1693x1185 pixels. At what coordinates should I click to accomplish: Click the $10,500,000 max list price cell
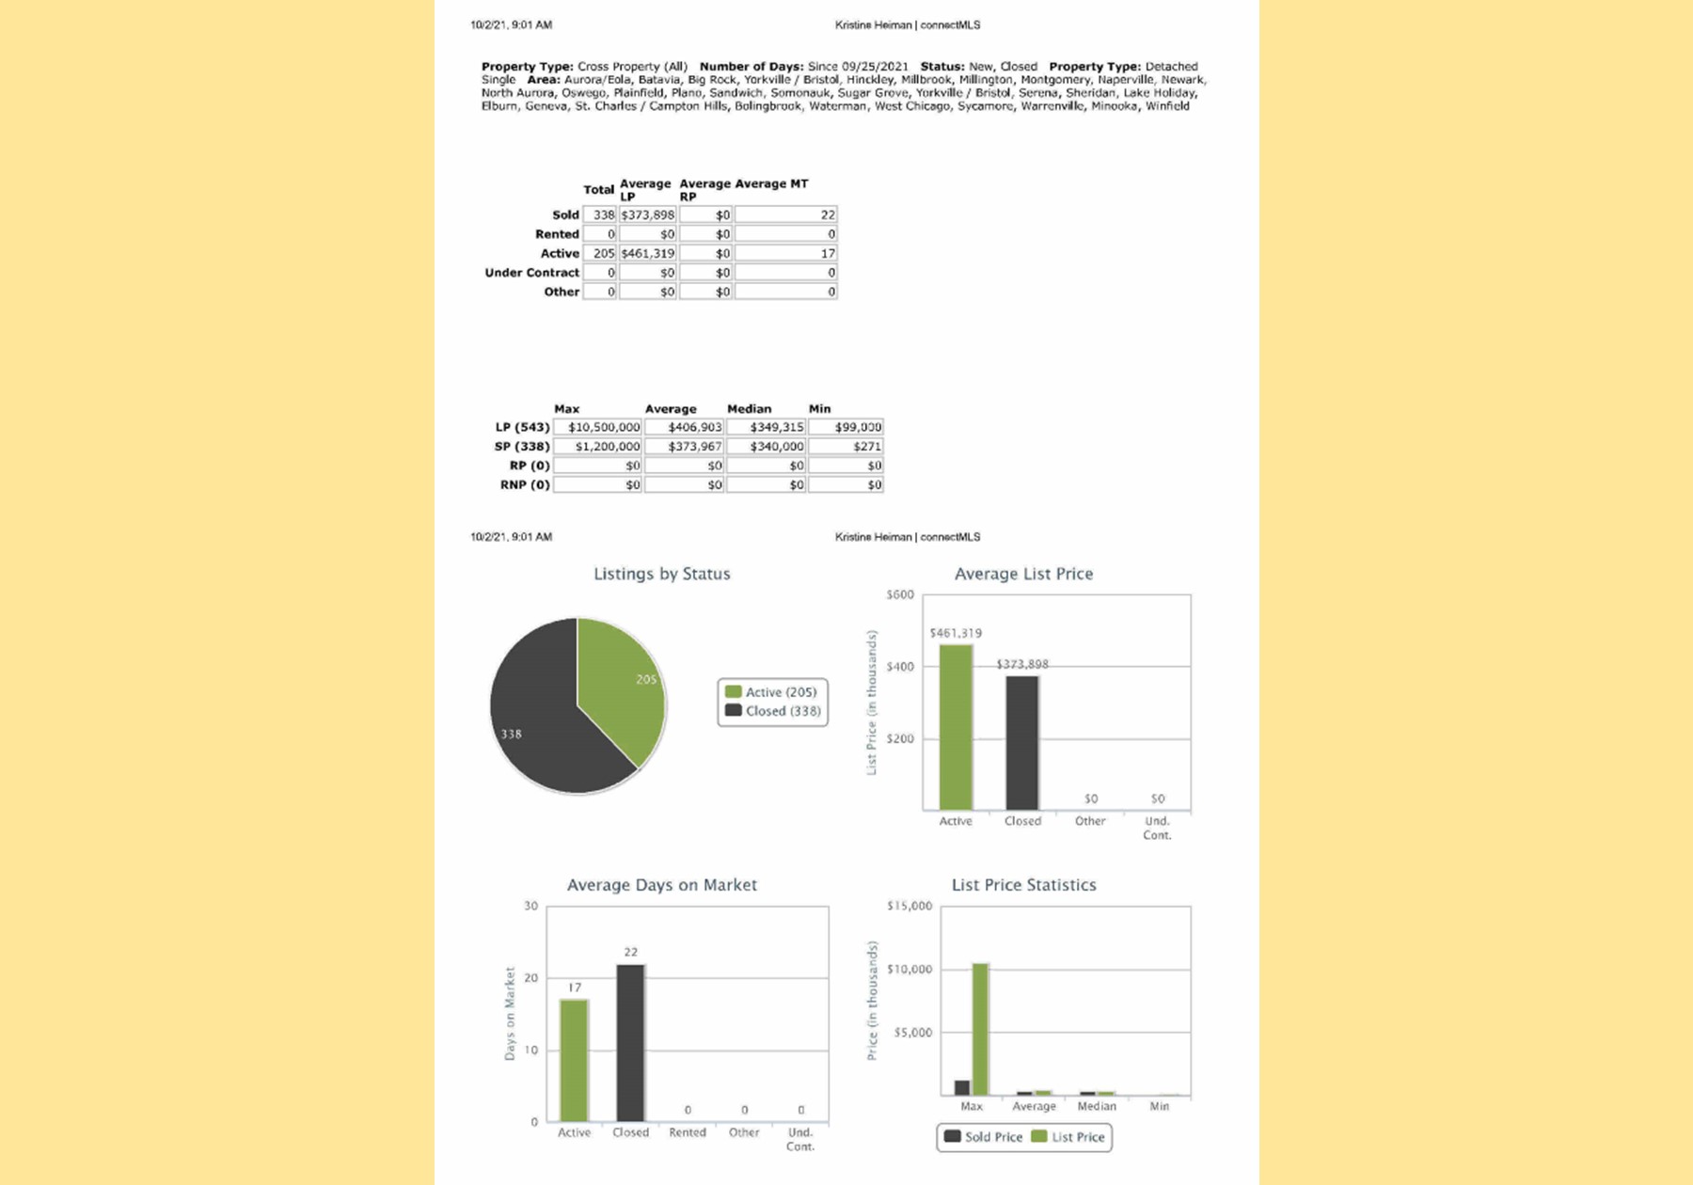598,427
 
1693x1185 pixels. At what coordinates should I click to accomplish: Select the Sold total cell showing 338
600,215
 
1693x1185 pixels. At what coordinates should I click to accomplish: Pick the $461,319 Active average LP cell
648,254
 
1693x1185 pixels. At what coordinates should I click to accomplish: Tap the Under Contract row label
531,273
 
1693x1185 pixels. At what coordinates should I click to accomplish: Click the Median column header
749,409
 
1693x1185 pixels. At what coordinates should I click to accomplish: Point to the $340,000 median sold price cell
767,447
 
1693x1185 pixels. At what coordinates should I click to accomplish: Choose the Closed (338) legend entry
773,711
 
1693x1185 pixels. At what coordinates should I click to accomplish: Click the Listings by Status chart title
661,574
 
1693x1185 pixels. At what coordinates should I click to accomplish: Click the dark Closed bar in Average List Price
1022,743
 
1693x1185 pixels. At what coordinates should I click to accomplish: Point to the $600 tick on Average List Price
900,594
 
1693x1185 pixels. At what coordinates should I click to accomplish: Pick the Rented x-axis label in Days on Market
687,1132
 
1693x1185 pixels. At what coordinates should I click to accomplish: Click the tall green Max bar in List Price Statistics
980,1029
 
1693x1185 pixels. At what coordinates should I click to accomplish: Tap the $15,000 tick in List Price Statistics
910,906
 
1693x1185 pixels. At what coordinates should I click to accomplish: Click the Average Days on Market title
661,885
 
